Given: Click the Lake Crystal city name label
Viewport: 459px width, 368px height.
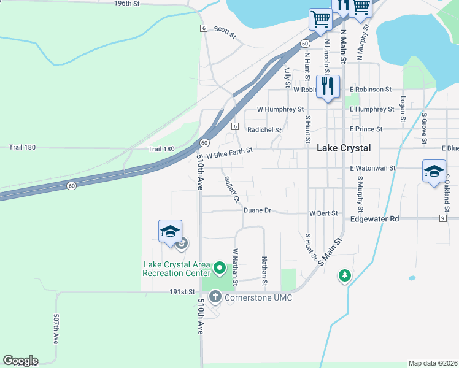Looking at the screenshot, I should pos(344,148).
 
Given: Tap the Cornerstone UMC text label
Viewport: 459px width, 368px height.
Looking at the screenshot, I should pos(258,297).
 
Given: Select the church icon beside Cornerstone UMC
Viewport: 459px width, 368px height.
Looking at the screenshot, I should pos(215,297).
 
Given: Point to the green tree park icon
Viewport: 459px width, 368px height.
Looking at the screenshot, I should pos(345,277).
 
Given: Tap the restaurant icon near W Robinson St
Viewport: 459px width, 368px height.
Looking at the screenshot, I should pos(328,86).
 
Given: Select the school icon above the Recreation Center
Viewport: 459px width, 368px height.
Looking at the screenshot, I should pos(170,231).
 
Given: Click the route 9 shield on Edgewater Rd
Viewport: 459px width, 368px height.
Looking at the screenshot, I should pos(442,218).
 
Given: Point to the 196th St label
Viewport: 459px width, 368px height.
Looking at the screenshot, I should pos(127,4).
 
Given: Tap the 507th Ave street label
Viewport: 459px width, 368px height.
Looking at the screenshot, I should pos(56,329).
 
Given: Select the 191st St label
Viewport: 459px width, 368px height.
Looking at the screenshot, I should pos(182,293).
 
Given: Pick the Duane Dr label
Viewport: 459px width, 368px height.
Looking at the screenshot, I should pos(257,210).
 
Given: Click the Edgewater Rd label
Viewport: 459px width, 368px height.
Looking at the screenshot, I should pos(374,219).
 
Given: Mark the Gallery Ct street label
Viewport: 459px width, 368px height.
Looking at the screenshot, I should pos(231,189).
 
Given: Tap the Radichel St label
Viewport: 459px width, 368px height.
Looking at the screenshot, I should pos(264,130).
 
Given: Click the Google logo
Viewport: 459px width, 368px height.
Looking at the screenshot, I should pos(20,361).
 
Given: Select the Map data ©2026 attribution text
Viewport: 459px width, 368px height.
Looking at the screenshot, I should pos(433,363).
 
